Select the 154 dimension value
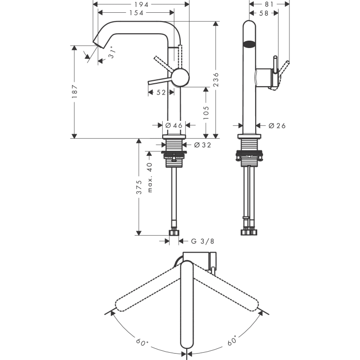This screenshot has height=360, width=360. tap(136, 13)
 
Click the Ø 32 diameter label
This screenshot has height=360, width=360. tap(202, 145)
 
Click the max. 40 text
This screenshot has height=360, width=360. tap(150, 177)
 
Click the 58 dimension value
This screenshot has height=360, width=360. tap(263, 13)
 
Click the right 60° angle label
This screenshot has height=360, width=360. tap(231, 339)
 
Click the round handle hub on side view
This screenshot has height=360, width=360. tap(179, 77)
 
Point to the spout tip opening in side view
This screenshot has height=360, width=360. tap(97, 43)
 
